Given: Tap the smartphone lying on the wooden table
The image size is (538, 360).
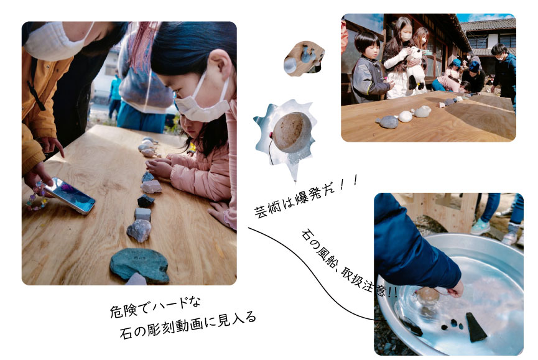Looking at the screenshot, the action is [x=70, y=195].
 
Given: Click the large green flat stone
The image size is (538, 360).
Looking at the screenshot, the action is [x=140, y=264].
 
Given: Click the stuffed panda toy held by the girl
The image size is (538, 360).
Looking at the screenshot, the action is [x=416, y=68].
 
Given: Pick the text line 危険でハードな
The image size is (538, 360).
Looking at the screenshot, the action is [x=155, y=306].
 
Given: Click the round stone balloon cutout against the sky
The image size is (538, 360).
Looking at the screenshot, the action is [x=292, y=132].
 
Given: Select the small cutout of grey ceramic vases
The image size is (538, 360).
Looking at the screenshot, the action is [x=304, y=58].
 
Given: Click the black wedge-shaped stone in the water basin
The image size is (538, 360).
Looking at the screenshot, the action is [x=475, y=327].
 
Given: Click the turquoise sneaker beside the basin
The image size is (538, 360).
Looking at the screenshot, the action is [x=480, y=226].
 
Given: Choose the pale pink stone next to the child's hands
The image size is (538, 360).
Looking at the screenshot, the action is [x=151, y=187].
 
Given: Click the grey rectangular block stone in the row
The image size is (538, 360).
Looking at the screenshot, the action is [x=142, y=214].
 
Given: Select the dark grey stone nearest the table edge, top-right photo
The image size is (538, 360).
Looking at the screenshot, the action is [x=387, y=122].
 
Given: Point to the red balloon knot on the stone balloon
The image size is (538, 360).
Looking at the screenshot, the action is [x=271, y=136].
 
